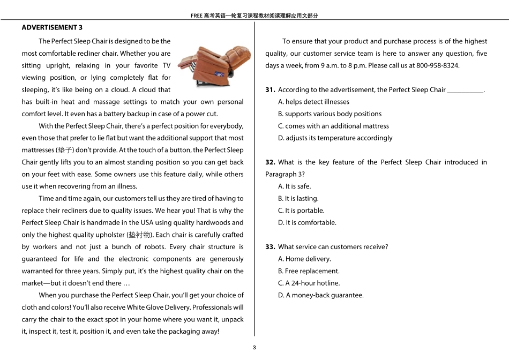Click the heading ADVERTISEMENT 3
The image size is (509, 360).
click(52, 27)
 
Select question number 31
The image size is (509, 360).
click(270, 90)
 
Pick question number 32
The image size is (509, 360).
click(270, 162)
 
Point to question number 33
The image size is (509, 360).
click(270, 247)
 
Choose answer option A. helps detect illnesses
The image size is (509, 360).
click(313, 102)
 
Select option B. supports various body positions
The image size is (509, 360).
click(330, 114)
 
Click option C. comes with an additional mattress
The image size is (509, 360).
click(333, 126)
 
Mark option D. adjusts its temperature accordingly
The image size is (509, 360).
click(335, 138)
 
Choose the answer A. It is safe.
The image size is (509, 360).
click(294, 186)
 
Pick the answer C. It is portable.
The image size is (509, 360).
click(301, 211)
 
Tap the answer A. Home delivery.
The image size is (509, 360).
click(304, 259)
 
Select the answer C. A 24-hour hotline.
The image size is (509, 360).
click(309, 283)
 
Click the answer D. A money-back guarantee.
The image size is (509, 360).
click(320, 295)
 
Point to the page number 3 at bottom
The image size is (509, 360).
click(254, 348)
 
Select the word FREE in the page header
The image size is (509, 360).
click(196, 16)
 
